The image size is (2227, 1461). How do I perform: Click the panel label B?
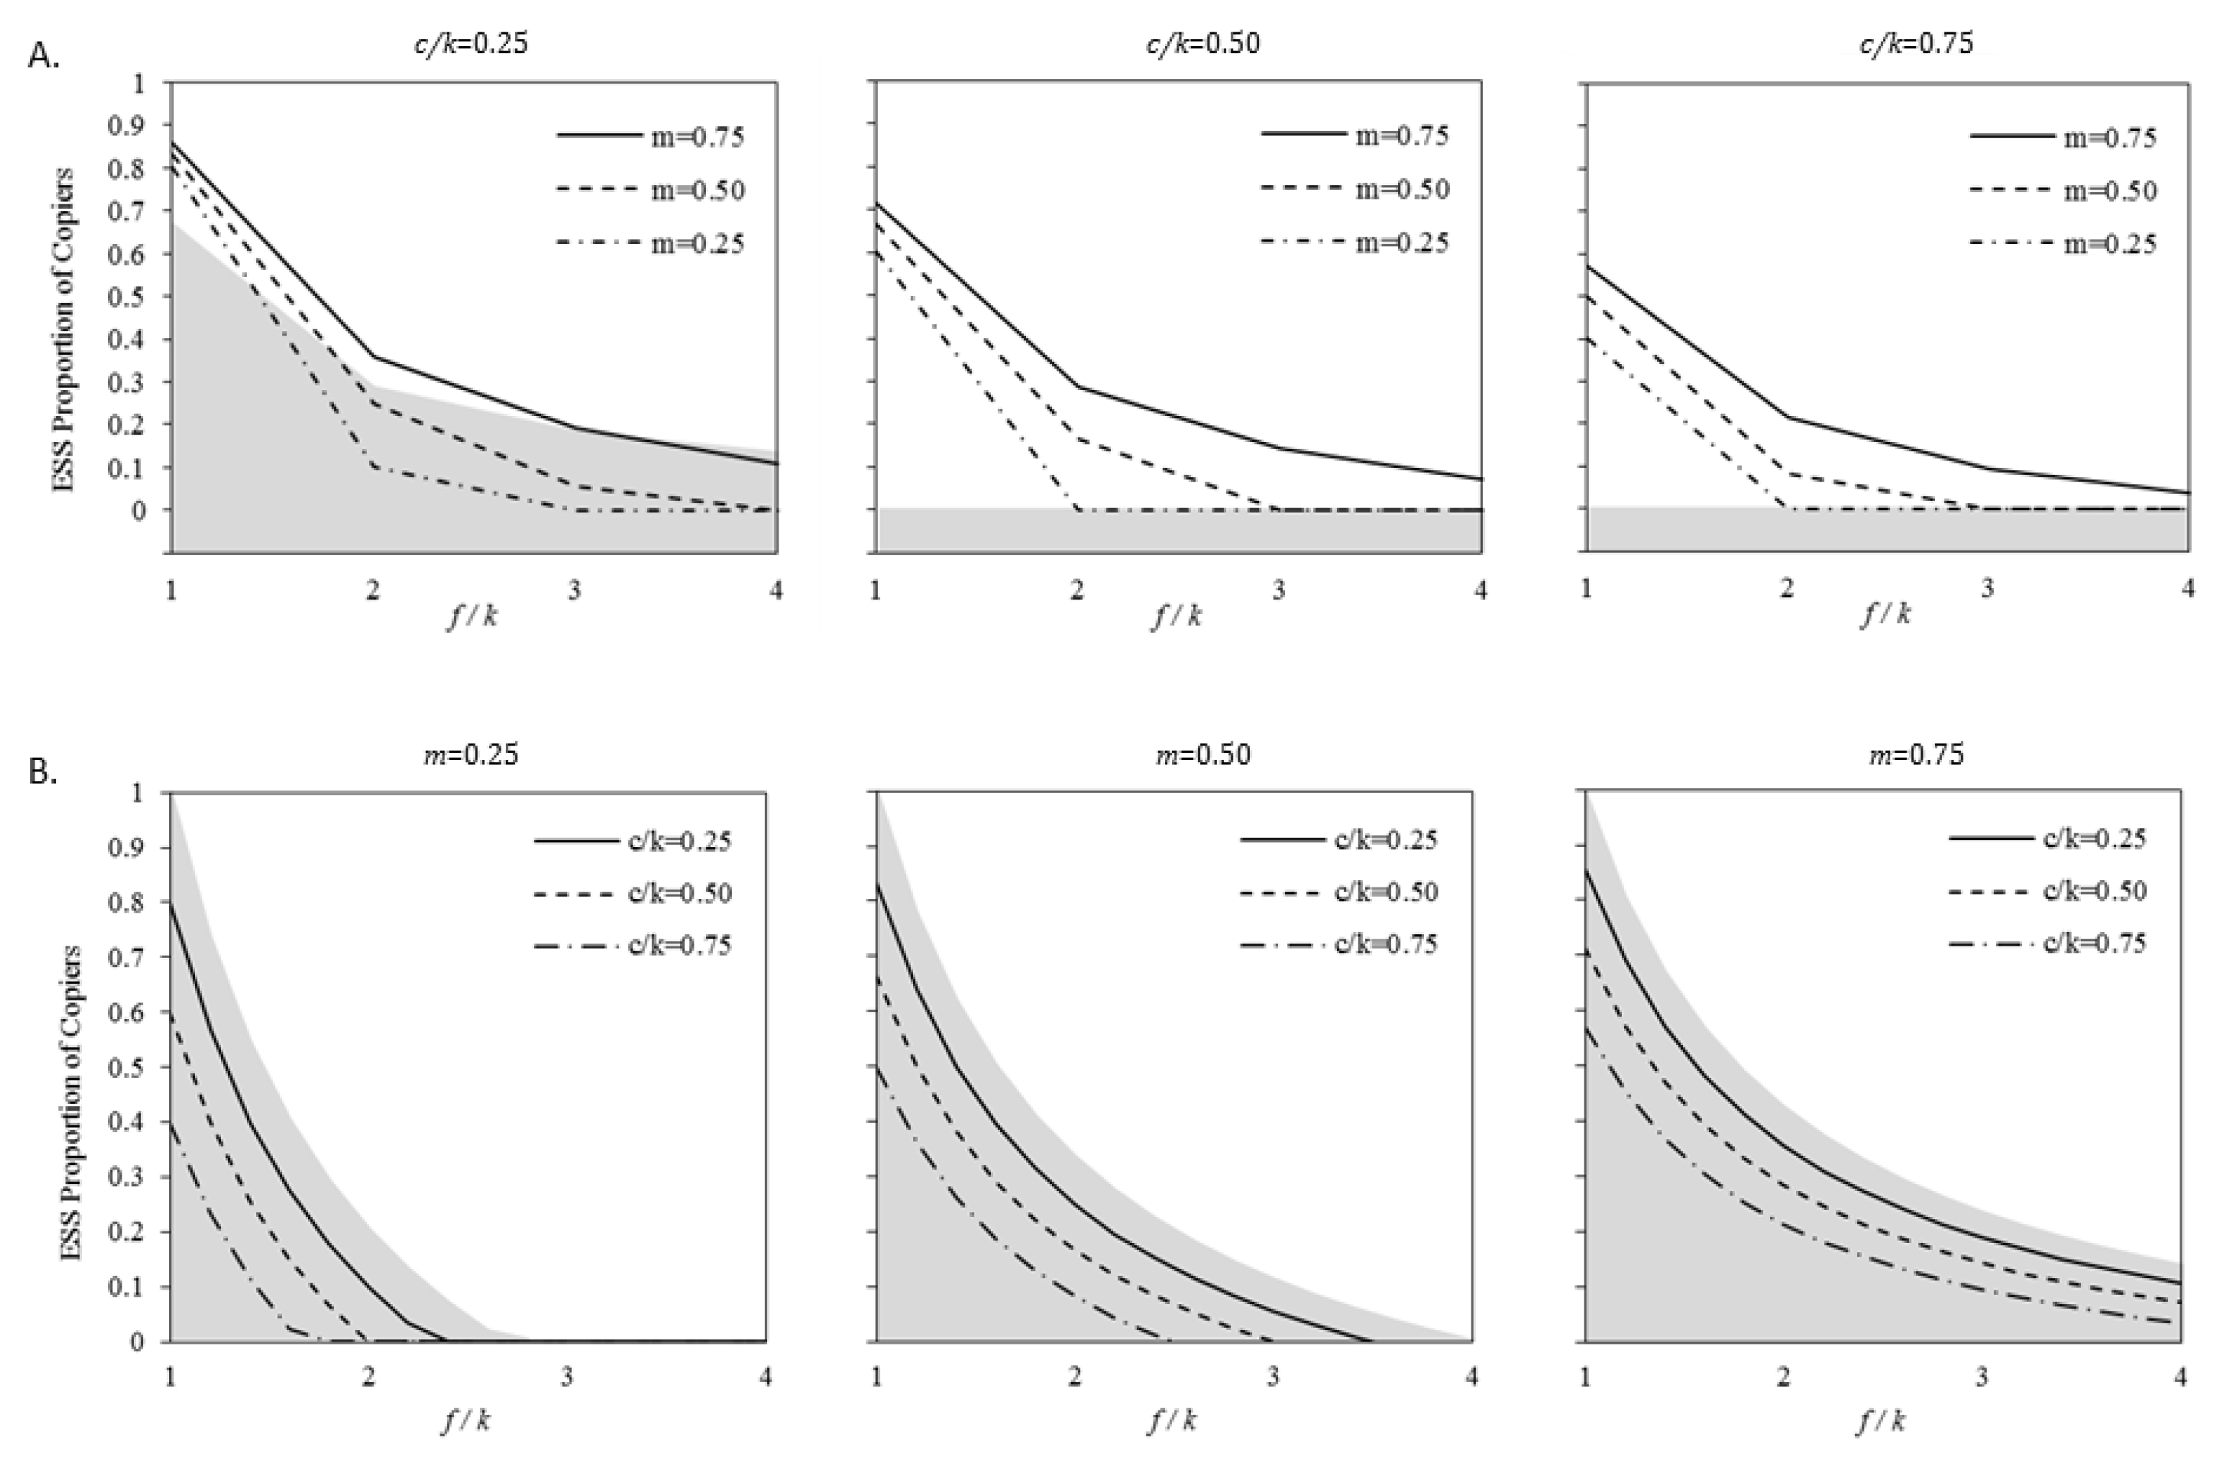click(44, 772)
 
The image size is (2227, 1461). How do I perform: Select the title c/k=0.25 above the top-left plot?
click(471, 43)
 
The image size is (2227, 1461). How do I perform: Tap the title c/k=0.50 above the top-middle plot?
click(1202, 43)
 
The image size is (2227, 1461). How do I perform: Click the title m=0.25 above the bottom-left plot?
click(471, 754)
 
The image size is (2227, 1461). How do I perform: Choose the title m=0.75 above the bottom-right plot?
click(1915, 754)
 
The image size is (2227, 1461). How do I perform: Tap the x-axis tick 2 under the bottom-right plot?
click(1784, 1378)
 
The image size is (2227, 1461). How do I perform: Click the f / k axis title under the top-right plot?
click(1884, 614)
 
